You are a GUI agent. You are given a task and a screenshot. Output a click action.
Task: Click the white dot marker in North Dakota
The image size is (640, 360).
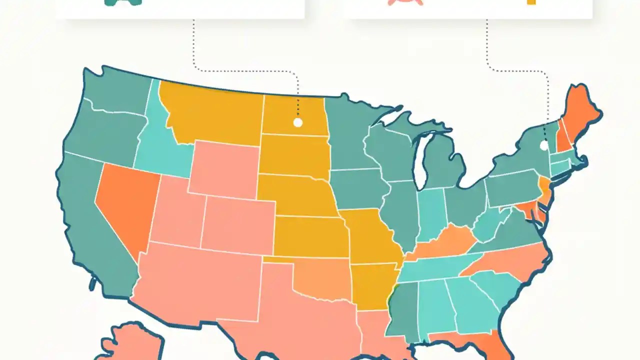click(x=297, y=122)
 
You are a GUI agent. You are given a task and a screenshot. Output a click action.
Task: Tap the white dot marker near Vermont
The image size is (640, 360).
click(x=544, y=146)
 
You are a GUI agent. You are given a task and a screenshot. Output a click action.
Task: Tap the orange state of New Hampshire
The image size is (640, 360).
click(x=564, y=140)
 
